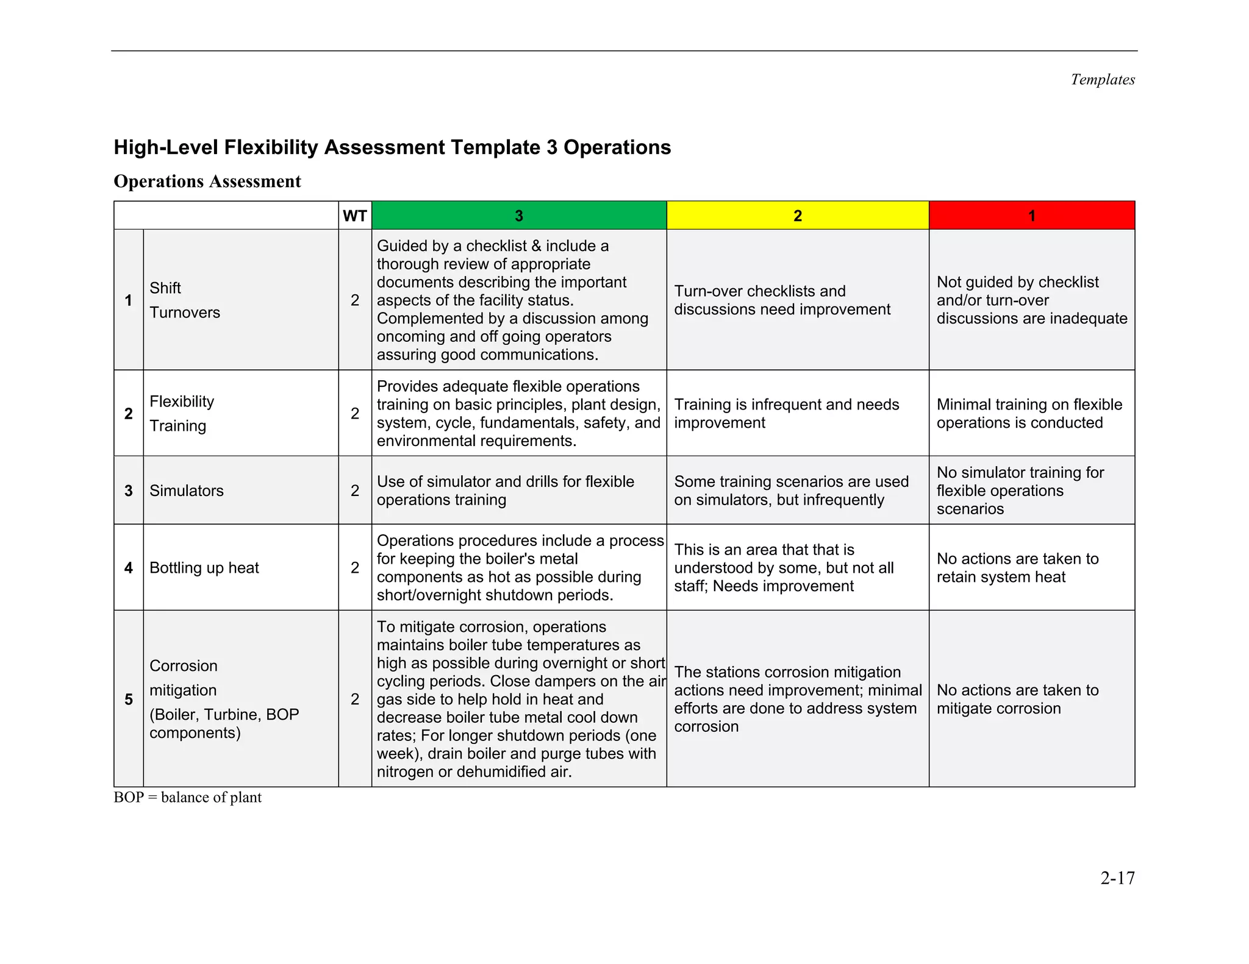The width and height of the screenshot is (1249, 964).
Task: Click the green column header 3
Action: [518, 216]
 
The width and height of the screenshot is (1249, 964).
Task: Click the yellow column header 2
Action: [797, 216]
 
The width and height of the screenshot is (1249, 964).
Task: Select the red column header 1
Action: [1031, 216]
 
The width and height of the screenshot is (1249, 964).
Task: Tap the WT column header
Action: [355, 216]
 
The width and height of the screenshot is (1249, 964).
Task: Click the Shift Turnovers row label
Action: [184, 300]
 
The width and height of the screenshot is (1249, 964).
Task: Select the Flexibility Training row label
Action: [182, 413]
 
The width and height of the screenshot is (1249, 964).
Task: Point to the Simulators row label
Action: [187, 491]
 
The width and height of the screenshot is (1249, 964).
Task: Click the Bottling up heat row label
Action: [204, 567]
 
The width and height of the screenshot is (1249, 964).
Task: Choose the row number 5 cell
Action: [129, 699]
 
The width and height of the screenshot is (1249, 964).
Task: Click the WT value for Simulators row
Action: [355, 491]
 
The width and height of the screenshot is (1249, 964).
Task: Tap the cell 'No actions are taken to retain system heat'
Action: [1017, 567]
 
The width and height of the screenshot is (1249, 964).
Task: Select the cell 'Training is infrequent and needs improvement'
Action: [786, 413]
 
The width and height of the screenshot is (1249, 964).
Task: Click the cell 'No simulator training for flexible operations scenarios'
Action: [1020, 491]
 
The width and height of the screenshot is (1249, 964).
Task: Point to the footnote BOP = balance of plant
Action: [187, 798]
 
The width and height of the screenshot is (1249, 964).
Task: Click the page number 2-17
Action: [1117, 878]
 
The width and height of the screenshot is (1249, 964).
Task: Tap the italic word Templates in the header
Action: [1103, 80]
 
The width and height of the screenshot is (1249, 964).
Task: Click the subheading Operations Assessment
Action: [207, 182]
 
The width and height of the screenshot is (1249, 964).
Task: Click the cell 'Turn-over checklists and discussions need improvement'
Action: [782, 300]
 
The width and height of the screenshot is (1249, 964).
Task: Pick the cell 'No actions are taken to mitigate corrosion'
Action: [1017, 699]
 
